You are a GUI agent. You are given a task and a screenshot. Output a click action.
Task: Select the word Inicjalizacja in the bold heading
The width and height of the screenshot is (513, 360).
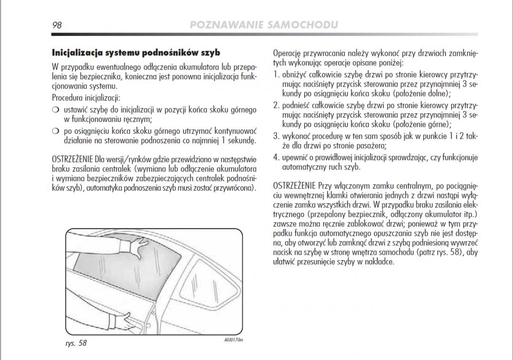tap(76, 52)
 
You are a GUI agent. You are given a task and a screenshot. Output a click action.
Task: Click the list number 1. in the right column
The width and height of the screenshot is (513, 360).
tap(276, 75)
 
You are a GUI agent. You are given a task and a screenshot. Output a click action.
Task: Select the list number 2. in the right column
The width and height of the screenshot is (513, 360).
tap(276, 105)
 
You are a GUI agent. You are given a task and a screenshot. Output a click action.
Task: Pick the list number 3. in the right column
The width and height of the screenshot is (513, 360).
tap(276, 136)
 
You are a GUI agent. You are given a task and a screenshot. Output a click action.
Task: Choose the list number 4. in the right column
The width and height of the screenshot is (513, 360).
tap(276, 157)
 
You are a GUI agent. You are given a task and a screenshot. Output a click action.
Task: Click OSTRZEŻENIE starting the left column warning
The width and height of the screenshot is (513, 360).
tap(72, 159)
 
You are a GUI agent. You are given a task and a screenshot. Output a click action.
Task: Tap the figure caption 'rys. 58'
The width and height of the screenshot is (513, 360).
tap(76, 343)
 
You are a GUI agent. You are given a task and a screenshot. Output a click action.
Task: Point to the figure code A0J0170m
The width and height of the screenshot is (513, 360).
tap(234, 340)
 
